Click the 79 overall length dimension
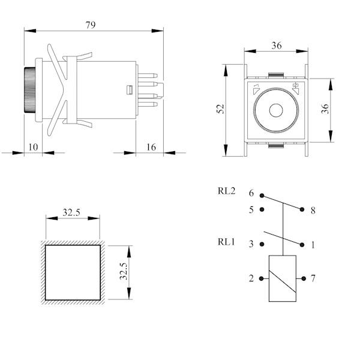pyautogui.click(x=91, y=25)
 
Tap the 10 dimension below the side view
pyautogui.click(x=33, y=147)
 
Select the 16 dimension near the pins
pyautogui.click(x=151, y=147)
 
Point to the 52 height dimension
pyautogui.click(x=220, y=109)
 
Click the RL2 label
pyautogui.click(x=226, y=191)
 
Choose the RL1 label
pyautogui.click(x=226, y=242)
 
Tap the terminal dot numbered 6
pyautogui.click(x=262, y=196)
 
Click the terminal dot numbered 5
pyautogui.click(x=262, y=209)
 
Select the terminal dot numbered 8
pyautogui.click(x=302, y=209)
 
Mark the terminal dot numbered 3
pyautogui.click(x=262, y=244)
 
